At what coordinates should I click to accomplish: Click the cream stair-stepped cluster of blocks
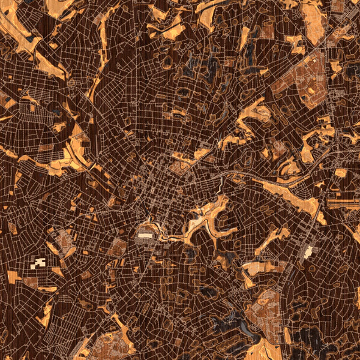(x=38, y=263)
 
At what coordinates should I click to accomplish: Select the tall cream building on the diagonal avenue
(x=308, y=251)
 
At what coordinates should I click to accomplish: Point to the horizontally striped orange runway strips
(x=343, y=204)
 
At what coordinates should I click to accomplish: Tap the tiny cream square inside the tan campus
(x=311, y=90)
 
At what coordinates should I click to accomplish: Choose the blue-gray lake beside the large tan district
(x=240, y=324)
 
